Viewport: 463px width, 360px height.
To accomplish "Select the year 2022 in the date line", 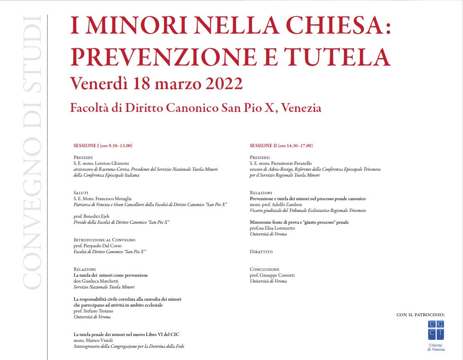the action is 224,83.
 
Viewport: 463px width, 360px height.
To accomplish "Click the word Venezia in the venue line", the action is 301,108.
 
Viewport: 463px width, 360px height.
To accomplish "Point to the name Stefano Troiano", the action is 98,311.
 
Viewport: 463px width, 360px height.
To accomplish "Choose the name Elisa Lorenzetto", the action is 279,228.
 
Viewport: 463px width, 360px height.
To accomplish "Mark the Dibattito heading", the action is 261,251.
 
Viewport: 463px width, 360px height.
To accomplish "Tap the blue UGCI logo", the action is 436,330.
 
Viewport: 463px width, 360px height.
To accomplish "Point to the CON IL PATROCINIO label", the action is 420,315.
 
